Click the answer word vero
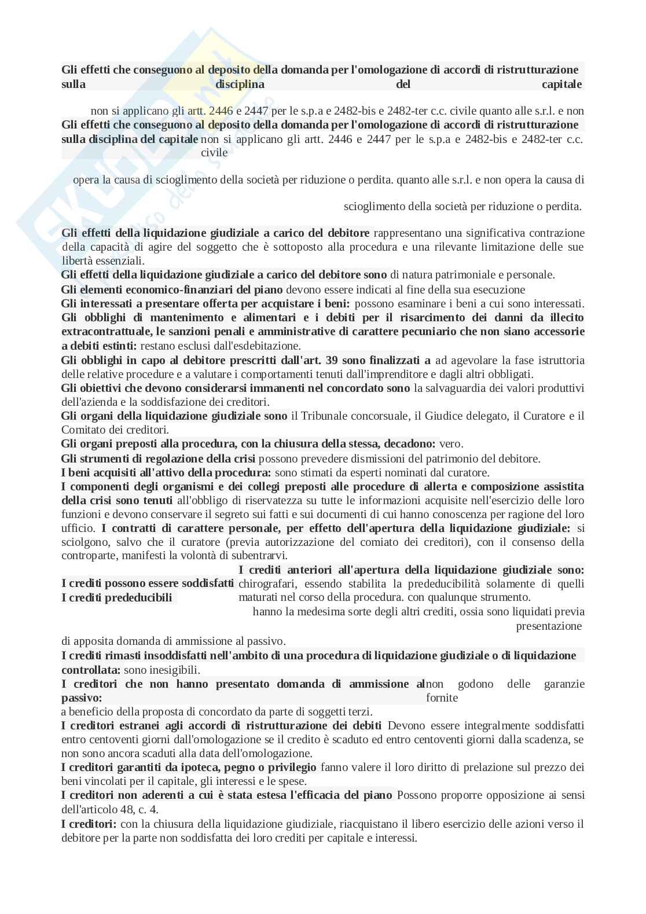[451, 444]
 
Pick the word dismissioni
[362, 458]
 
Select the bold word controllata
[90, 670]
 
